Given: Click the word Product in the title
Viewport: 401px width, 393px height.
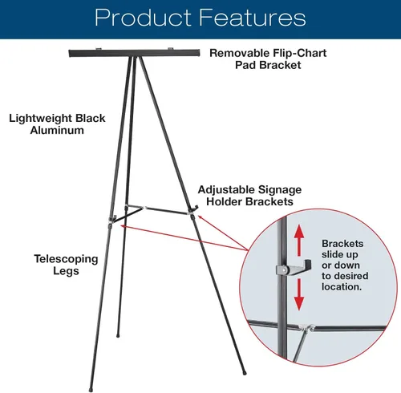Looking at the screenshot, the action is coord(143,18).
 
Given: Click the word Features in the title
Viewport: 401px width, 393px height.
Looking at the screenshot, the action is coord(252,18).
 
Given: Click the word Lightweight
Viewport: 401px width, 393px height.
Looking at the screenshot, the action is coord(40,119).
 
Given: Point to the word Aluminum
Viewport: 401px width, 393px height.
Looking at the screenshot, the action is coord(57,130).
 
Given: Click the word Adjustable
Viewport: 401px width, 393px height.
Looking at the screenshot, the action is coord(226,190).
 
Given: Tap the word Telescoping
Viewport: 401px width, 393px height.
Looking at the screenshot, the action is coord(66,259).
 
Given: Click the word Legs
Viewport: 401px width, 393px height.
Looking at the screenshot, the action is coord(66,271).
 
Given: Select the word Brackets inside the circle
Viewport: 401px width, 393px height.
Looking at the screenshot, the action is coord(342,244).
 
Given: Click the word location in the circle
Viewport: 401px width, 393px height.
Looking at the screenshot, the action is coord(342,287).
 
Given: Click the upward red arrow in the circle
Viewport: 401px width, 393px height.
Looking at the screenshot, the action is coord(299,240).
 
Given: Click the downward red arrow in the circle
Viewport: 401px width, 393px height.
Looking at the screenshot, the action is coord(299,294).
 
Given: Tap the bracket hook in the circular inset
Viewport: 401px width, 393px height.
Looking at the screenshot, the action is coord(294,268).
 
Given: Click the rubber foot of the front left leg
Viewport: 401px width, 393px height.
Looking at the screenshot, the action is coord(91,390).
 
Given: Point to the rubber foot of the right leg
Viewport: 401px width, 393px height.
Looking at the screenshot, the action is coord(244,372).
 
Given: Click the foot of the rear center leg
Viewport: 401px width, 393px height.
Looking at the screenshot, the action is coord(118,335).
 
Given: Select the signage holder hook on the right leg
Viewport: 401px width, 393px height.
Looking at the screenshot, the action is coord(193,209).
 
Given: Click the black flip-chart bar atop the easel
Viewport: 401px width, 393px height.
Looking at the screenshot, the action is coord(134,53).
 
